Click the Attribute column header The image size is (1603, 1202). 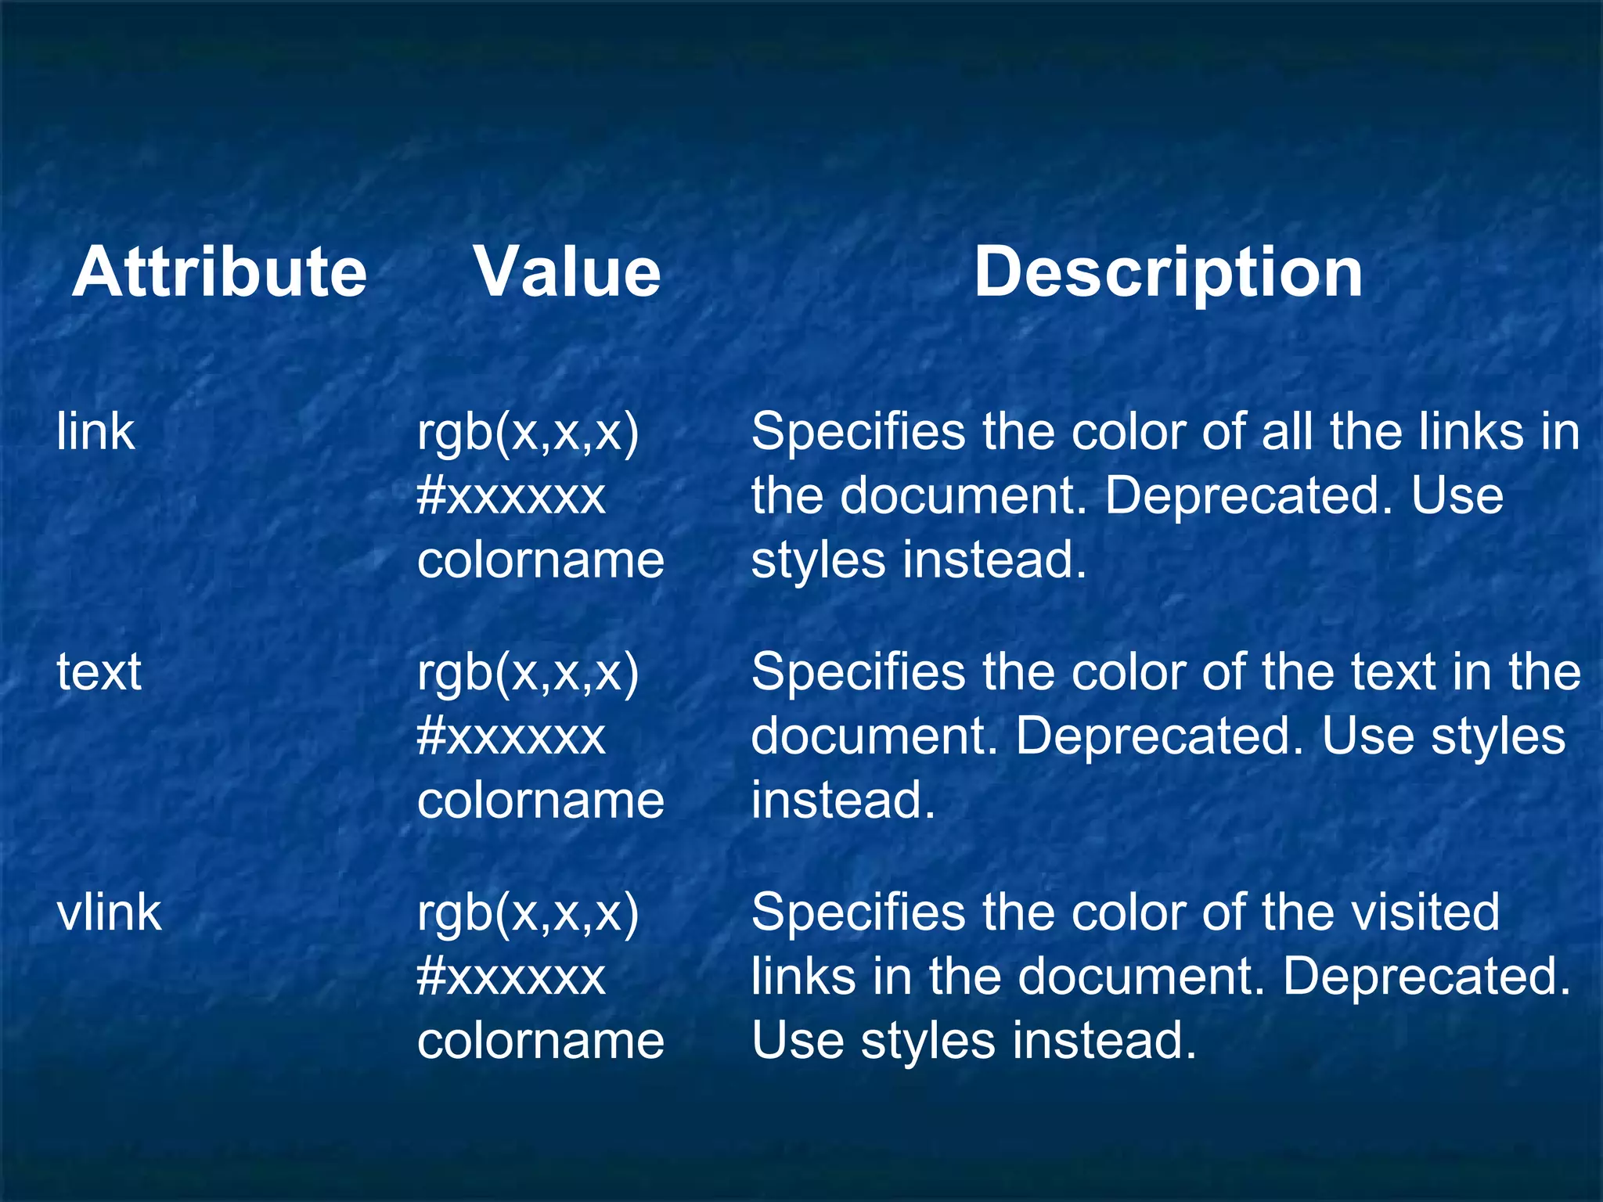coord(219,272)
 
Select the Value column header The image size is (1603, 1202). coord(567,272)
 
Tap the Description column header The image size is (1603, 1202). coord(1168,272)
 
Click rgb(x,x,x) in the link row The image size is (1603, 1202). coord(528,433)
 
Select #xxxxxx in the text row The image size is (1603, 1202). coord(511,736)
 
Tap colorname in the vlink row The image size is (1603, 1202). coord(541,1041)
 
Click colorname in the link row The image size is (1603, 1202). coord(541,560)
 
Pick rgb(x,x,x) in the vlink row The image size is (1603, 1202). coord(528,913)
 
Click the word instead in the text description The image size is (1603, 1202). coord(843,800)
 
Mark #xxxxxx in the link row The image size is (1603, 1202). coord(511,496)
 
